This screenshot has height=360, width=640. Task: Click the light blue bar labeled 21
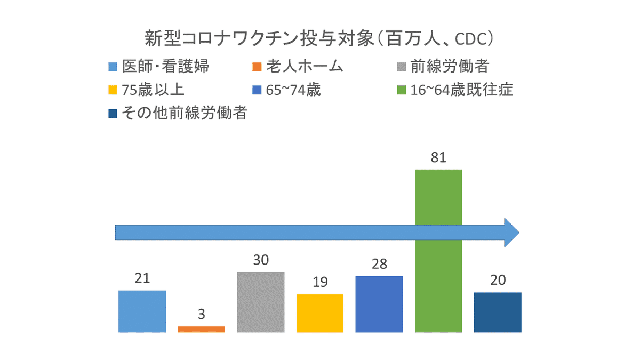142,311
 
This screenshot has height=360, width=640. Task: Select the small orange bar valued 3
201,329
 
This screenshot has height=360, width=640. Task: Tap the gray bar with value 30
261,302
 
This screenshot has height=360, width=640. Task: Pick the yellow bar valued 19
320,313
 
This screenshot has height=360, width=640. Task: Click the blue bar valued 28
379,304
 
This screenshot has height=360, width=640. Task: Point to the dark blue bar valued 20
498,312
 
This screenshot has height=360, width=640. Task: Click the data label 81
438,158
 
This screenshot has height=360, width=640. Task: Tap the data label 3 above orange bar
201,315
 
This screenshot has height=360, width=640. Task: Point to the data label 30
261,260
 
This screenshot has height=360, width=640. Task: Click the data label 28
379,265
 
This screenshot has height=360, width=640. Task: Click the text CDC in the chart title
475,39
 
